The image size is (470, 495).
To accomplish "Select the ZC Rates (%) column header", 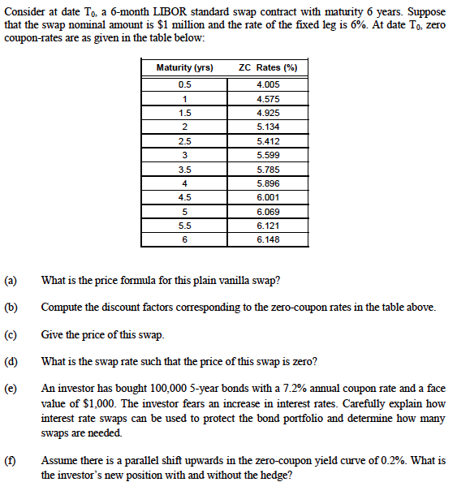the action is [x=264, y=67].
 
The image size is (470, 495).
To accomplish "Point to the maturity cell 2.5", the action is [x=186, y=140].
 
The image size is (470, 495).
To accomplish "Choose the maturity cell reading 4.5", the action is [x=186, y=197].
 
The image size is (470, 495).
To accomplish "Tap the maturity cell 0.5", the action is [x=186, y=84].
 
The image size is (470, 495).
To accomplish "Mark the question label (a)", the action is [x=12, y=281].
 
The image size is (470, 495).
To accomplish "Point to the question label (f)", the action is [x=12, y=460].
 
